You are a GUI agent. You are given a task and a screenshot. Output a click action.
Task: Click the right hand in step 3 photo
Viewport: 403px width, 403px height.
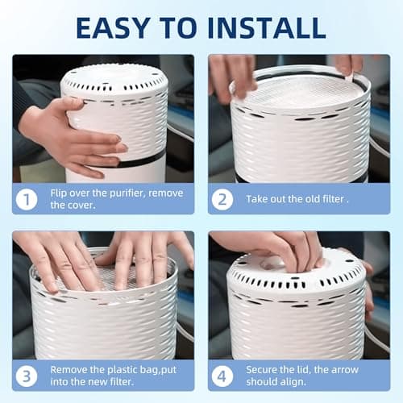[x=149, y=258]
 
